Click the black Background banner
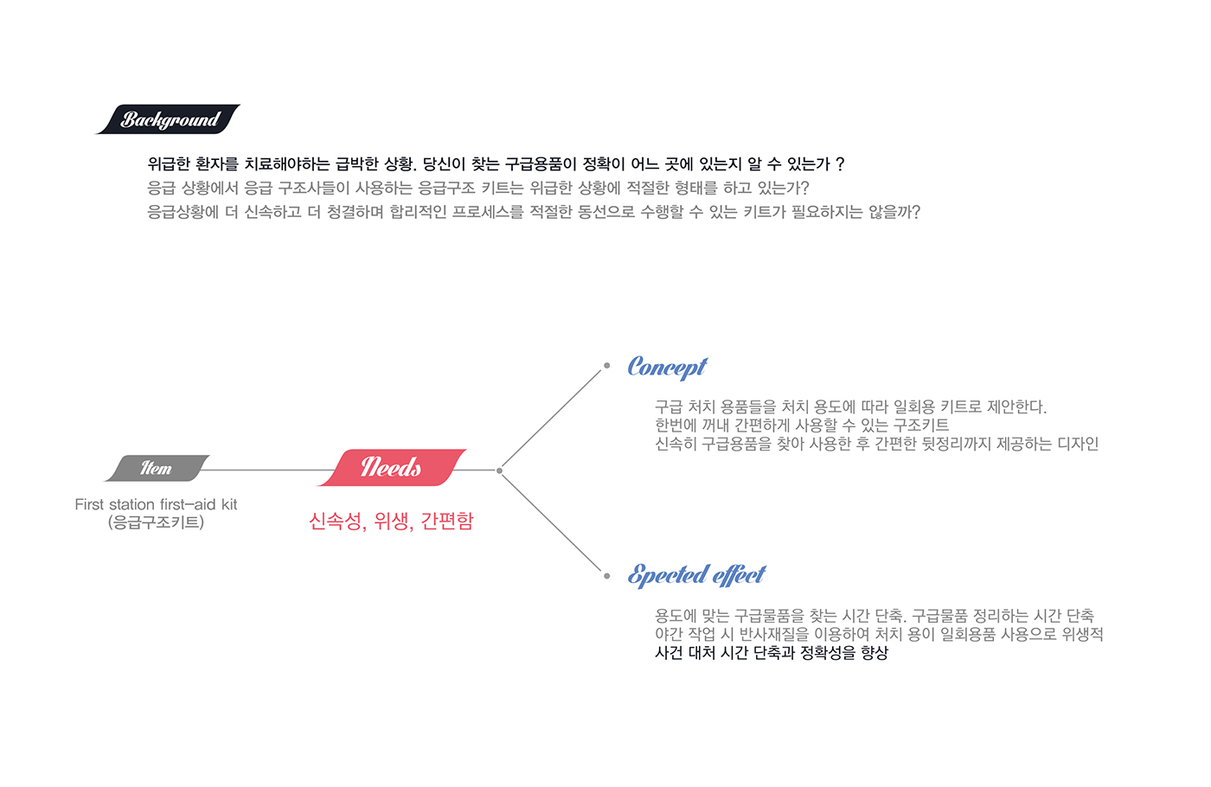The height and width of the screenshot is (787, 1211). [168, 119]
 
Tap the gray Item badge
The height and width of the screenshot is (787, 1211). [157, 468]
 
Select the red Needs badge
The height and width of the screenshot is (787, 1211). [392, 468]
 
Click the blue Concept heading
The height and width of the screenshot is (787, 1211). [667, 368]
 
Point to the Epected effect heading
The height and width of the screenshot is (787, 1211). [696, 575]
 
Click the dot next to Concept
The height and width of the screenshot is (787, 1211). [606, 366]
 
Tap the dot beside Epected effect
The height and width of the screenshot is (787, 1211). [606, 575]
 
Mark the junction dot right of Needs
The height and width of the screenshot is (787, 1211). [500, 470]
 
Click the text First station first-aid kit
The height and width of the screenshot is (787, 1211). [156, 504]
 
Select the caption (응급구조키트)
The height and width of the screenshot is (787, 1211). [156, 522]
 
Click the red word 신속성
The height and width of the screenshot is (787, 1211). [335, 521]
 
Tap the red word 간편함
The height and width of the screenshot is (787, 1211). [447, 521]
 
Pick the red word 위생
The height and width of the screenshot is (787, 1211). [391, 521]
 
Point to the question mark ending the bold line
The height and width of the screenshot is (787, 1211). [840, 164]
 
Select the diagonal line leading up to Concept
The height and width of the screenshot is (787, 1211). [552, 419]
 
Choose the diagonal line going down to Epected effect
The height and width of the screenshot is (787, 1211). [552, 521]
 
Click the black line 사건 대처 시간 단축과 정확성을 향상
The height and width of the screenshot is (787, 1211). [771, 653]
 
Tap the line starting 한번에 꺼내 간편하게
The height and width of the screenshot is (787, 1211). [801, 425]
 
